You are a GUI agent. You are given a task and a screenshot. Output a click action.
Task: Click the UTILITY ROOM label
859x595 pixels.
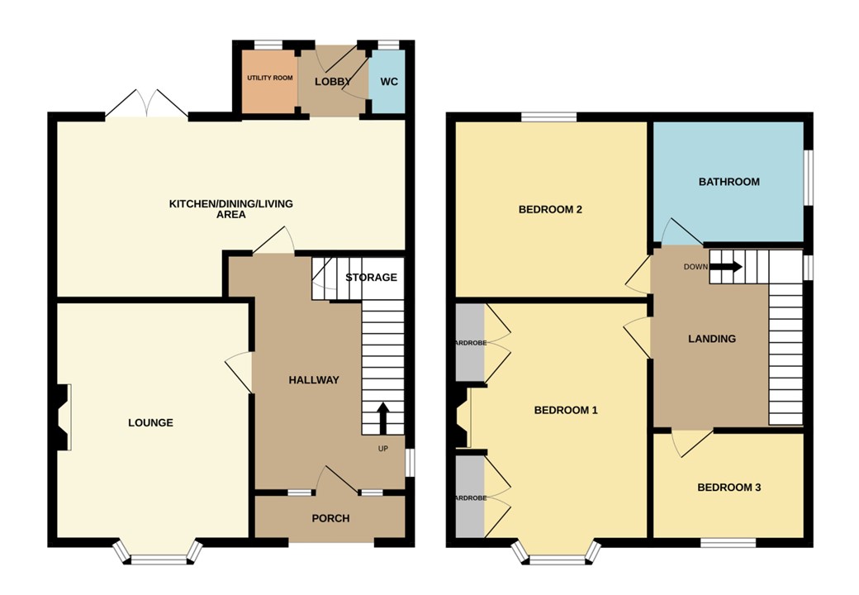(x=270, y=78)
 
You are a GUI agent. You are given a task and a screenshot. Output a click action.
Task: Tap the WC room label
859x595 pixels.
(x=388, y=82)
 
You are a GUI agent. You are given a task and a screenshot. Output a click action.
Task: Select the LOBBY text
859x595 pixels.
(x=332, y=82)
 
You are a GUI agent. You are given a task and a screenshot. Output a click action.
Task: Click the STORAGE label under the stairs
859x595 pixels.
(x=371, y=278)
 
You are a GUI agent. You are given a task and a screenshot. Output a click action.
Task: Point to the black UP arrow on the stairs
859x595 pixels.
(x=383, y=418)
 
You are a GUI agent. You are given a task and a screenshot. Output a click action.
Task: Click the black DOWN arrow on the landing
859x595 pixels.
(x=727, y=267)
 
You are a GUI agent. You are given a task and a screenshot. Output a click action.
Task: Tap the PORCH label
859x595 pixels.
(x=330, y=519)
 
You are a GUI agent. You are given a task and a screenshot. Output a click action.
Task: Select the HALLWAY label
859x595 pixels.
(x=314, y=380)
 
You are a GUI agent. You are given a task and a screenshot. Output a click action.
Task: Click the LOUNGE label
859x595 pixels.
(x=150, y=423)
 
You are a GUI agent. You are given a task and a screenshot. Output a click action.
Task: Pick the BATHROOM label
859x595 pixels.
(x=728, y=182)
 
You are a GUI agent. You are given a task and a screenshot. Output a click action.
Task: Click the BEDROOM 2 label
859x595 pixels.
(x=550, y=210)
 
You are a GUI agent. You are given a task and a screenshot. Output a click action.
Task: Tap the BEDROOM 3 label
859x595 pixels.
(x=728, y=488)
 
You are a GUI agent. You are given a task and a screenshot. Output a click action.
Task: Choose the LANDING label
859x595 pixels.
(x=712, y=339)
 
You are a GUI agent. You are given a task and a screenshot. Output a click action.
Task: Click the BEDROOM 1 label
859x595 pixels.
(x=566, y=410)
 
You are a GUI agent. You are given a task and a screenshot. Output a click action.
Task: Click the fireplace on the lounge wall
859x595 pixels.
(x=62, y=418)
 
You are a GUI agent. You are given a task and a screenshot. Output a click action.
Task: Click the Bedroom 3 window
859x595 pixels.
(x=728, y=543)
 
